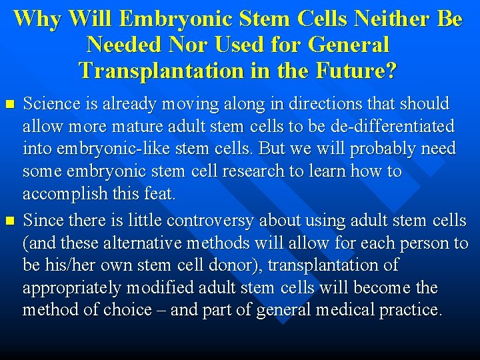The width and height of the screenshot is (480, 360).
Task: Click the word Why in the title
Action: point(35,19)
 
